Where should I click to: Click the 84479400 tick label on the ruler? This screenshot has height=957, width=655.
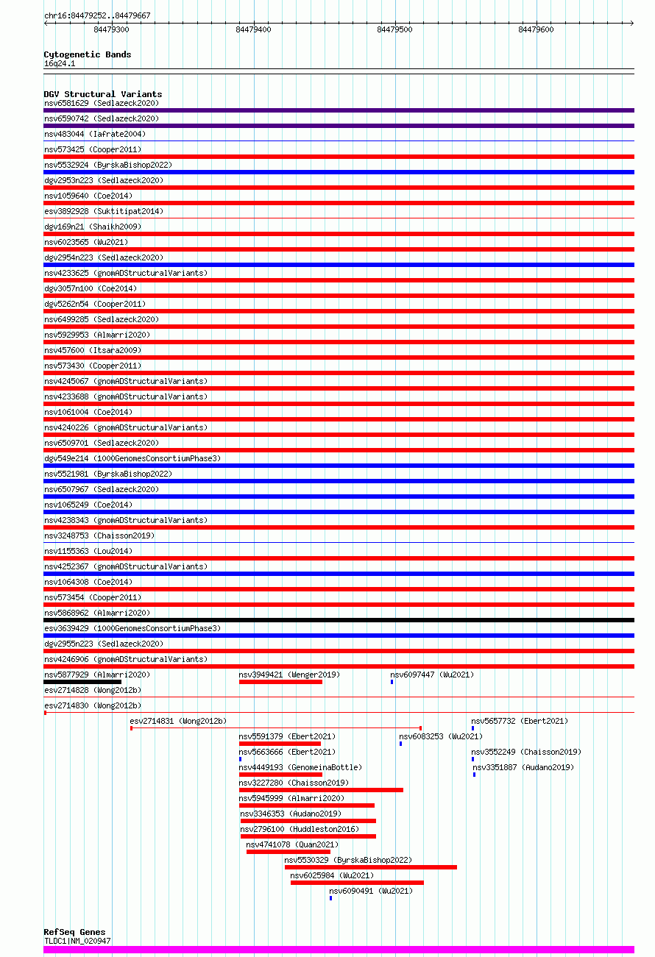(x=253, y=29)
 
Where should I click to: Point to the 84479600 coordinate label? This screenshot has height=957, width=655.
(x=536, y=29)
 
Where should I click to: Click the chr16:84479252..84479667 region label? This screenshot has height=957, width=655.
(x=97, y=15)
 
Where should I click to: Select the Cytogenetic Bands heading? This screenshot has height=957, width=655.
(x=87, y=54)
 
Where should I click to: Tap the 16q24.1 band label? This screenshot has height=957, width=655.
(x=60, y=64)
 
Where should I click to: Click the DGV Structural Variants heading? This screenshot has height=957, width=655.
(x=102, y=94)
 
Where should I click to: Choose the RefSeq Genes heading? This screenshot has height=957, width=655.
(x=74, y=932)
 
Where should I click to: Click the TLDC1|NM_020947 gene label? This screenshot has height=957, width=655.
(x=77, y=941)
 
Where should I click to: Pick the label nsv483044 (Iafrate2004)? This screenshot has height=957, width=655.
(x=95, y=134)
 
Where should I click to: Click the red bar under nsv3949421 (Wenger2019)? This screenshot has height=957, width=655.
(x=280, y=682)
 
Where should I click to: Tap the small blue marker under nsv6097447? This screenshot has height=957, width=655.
(x=392, y=682)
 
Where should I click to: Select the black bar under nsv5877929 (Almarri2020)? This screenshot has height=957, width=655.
(x=82, y=682)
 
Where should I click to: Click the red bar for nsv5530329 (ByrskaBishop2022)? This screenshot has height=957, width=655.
(x=371, y=867)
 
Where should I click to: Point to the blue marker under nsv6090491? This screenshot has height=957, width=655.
(x=331, y=898)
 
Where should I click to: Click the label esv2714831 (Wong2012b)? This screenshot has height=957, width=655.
(x=177, y=721)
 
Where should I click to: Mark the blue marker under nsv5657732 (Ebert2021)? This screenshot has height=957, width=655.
(x=473, y=728)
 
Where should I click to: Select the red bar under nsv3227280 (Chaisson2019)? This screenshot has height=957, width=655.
(x=321, y=790)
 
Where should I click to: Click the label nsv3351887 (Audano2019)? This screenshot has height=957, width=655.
(x=523, y=767)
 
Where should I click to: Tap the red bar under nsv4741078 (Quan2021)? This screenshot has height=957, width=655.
(x=288, y=852)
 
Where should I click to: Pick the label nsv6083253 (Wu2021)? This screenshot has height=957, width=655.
(x=441, y=736)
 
